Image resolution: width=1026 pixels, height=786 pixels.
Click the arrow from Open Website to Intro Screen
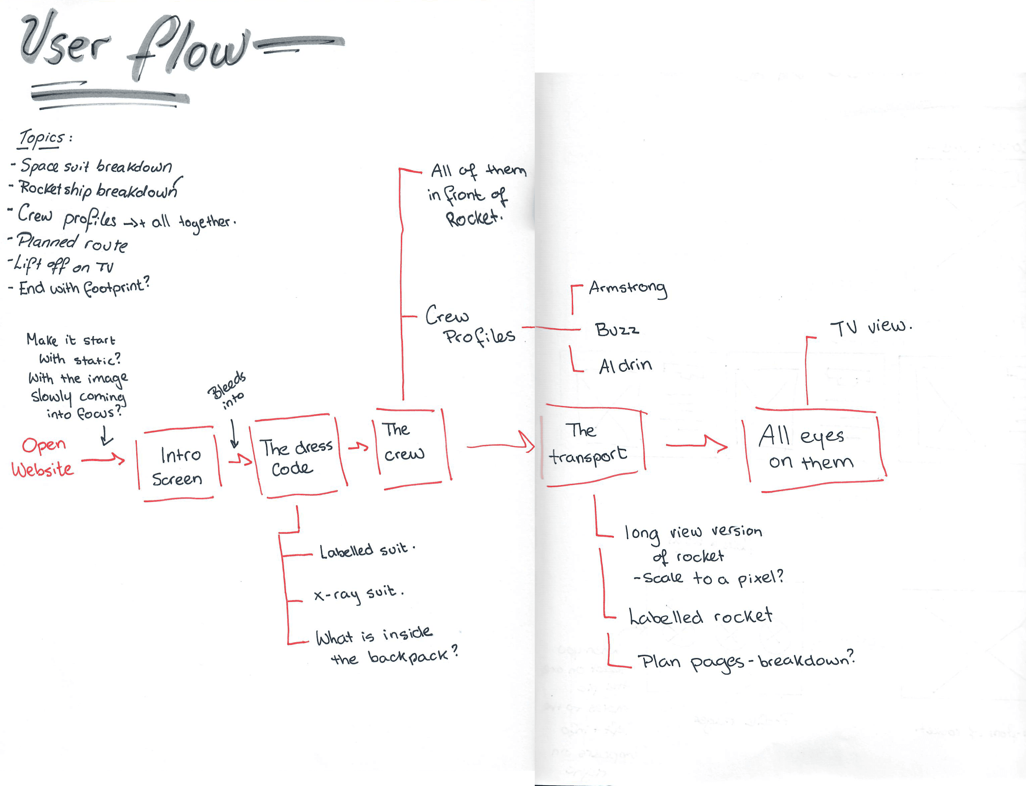point(103,460)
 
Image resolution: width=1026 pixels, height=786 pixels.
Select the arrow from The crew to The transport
point(500,444)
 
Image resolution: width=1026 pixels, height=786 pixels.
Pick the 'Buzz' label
point(617,330)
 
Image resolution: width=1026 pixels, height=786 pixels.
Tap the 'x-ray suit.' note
point(358,593)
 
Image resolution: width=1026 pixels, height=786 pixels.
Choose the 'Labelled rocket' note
point(700,617)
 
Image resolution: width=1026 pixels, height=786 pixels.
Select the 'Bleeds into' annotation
point(227,390)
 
